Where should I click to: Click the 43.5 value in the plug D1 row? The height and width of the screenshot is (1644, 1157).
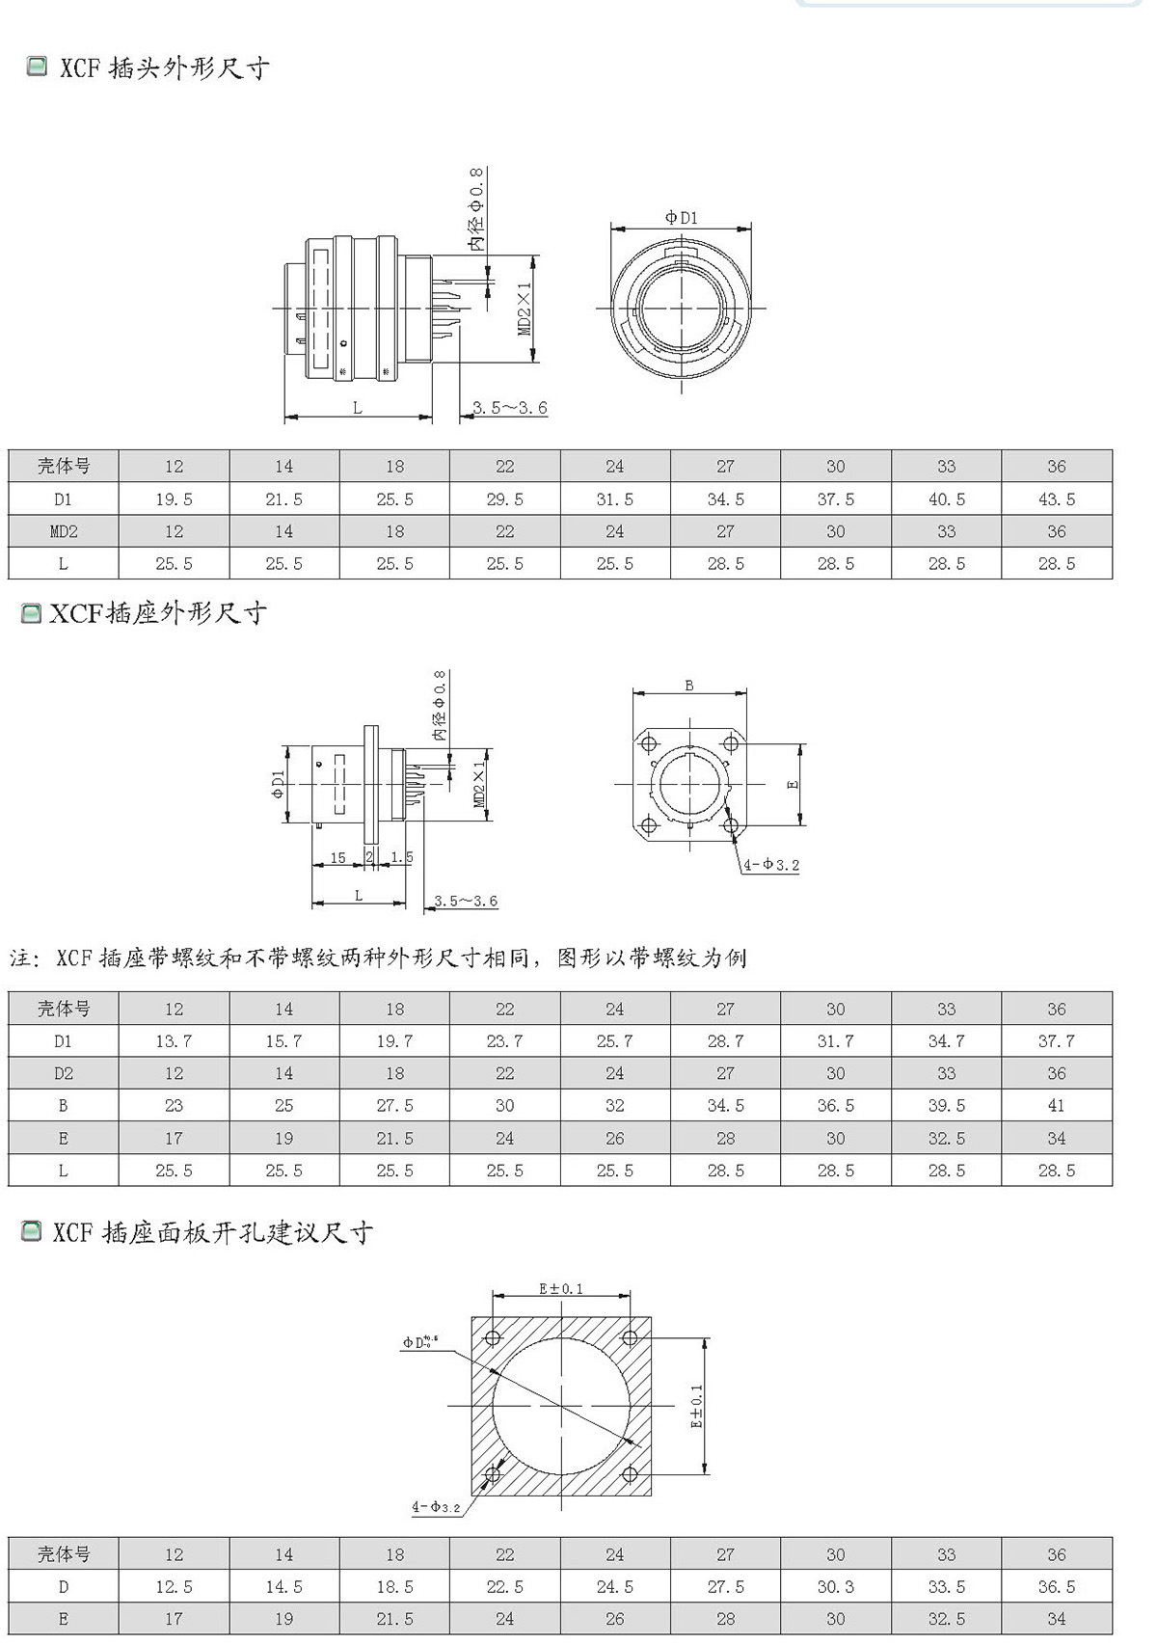(x=1056, y=499)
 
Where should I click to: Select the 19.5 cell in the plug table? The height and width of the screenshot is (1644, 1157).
(x=174, y=499)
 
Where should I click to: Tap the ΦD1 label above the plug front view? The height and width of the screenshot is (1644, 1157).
(x=681, y=218)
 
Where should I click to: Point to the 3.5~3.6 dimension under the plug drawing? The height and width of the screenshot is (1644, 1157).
(x=510, y=408)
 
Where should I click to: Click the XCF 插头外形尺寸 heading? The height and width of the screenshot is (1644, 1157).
(x=164, y=68)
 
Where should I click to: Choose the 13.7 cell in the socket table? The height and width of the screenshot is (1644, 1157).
(x=174, y=1041)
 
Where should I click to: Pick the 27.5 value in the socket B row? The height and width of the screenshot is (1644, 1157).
(x=394, y=1106)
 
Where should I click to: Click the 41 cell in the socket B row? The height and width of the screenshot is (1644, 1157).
(x=1056, y=1106)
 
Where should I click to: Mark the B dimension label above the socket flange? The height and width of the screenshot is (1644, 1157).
(x=688, y=686)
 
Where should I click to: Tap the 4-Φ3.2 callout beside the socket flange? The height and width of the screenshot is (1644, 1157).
(x=771, y=865)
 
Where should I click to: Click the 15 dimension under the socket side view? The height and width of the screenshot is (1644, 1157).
(x=337, y=857)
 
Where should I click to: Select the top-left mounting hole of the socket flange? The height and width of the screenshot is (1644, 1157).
(x=649, y=743)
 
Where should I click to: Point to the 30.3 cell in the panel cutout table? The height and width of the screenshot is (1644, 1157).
(x=835, y=1587)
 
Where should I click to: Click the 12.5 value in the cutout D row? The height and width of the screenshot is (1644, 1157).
(x=174, y=1587)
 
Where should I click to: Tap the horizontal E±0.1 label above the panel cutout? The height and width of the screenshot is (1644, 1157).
(x=560, y=1288)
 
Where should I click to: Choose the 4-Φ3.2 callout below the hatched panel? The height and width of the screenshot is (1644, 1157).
(x=436, y=1507)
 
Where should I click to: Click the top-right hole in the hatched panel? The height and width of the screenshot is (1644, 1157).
(x=630, y=1337)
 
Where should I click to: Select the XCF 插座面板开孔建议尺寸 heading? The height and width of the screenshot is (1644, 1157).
(x=212, y=1232)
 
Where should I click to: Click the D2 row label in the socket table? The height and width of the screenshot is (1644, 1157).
(x=63, y=1073)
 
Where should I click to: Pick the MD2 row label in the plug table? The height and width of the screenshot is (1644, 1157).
(x=63, y=531)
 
